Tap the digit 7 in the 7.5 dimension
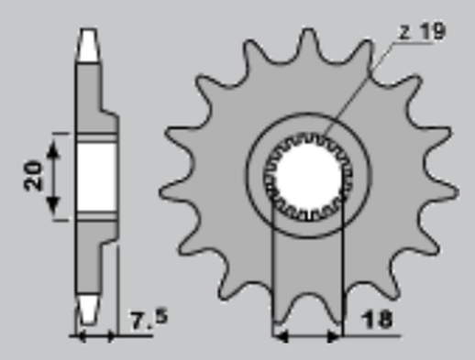click(137, 323)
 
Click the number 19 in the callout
click(432, 33)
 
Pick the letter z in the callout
click(405, 35)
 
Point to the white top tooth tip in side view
click(87, 42)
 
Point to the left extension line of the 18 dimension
click(273, 275)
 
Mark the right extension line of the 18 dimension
click(342, 275)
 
